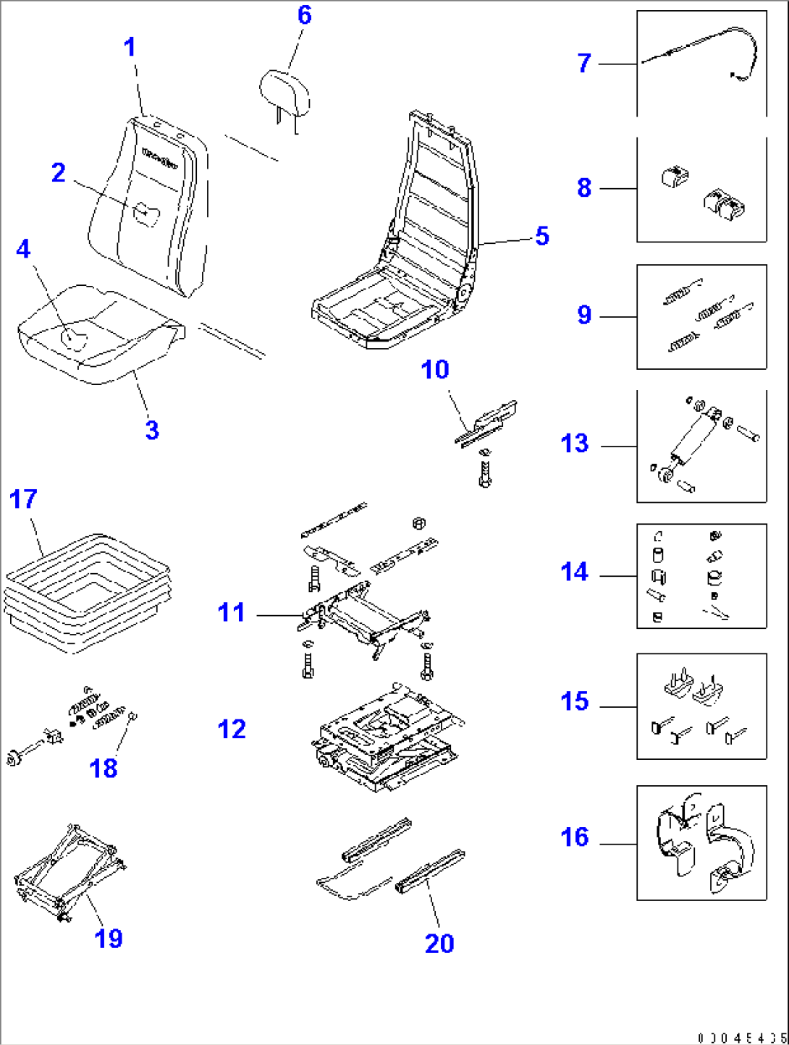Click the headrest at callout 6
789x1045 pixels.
[284, 93]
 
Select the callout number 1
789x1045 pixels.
[130, 48]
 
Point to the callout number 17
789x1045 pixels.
[23, 499]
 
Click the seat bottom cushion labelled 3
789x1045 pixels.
[101, 337]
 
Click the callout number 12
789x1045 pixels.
[232, 729]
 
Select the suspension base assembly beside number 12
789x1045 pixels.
[387, 738]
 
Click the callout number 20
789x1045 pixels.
[439, 944]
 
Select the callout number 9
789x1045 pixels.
[584, 315]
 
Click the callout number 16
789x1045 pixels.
[575, 837]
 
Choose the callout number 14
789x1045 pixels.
[575, 572]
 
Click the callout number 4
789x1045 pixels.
[23, 249]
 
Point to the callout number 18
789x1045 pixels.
[104, 768]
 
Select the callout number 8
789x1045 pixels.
[584, 187]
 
